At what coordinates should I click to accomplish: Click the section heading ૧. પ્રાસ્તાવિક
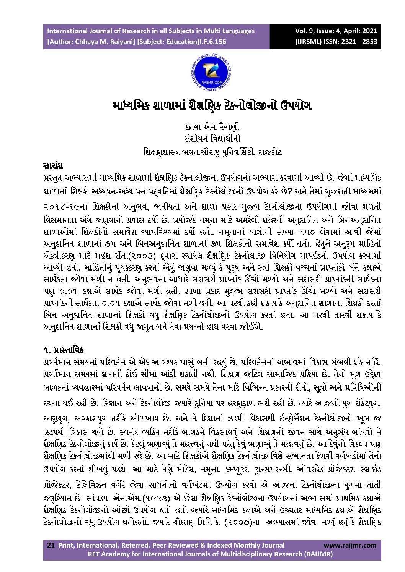point(63,350)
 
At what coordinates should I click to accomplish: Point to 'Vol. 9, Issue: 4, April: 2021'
point(336,31)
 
